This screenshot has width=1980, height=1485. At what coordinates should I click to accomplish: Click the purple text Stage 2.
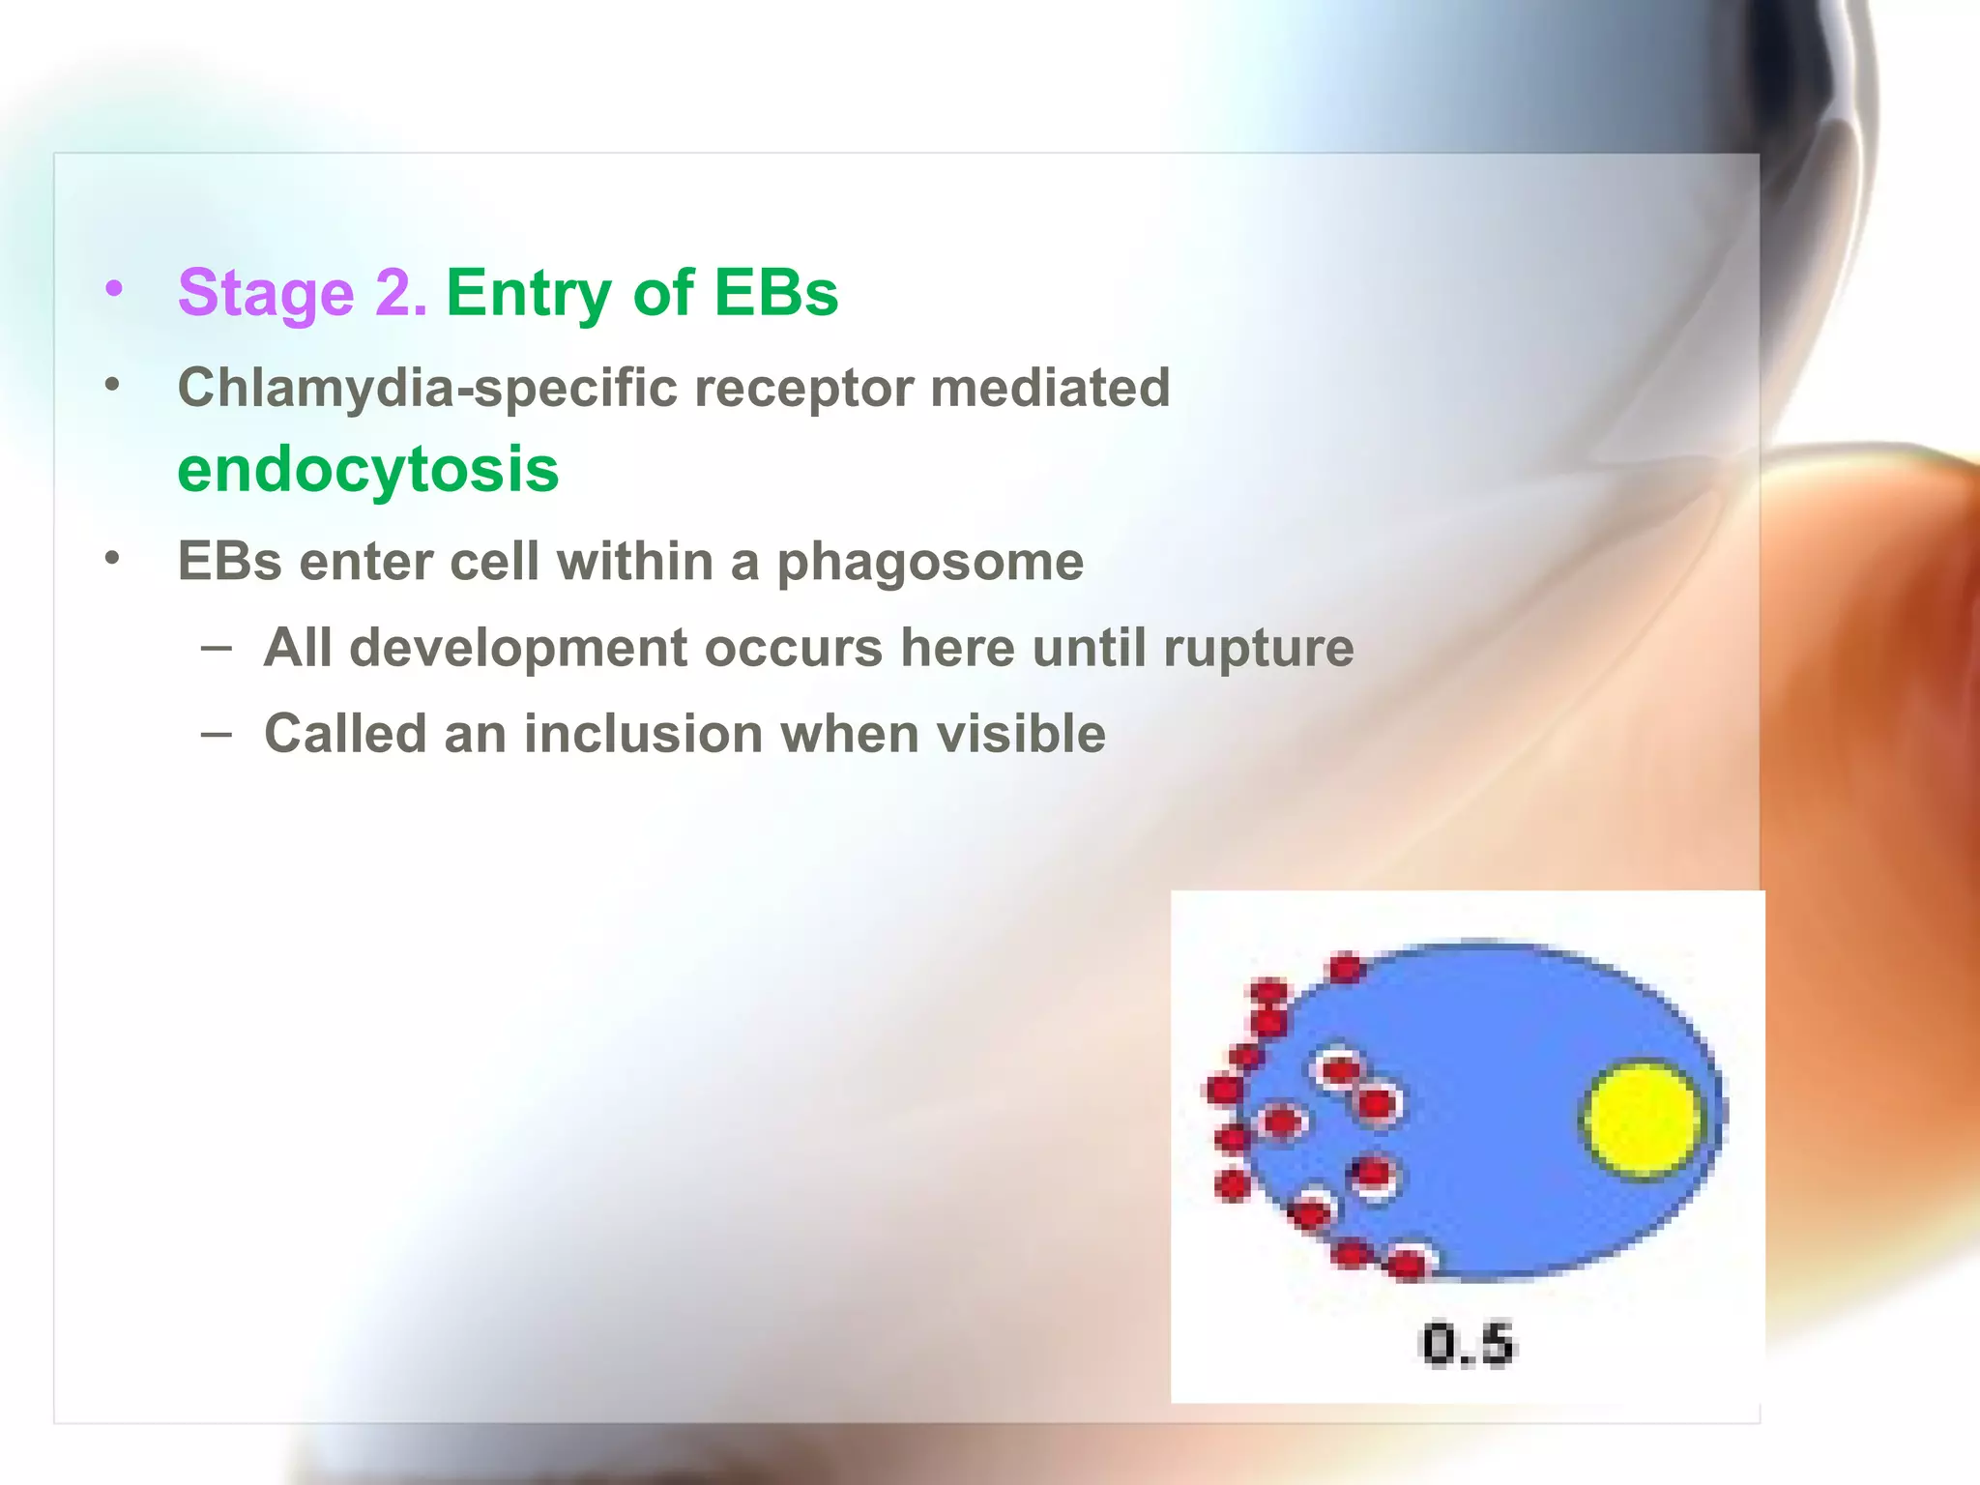[302, 292]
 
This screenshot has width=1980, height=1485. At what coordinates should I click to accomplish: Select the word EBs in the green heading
[775, 292]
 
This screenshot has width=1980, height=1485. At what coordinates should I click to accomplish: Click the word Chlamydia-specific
[427, 388]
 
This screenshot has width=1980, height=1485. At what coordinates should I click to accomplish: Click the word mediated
[1050, 388]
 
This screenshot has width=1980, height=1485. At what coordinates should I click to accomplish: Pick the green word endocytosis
[368, 470]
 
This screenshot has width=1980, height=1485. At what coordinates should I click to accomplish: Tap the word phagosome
[930, 562]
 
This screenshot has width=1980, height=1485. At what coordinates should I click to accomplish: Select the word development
[518, 647]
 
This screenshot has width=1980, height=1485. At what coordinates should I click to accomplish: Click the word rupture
[1258, 647]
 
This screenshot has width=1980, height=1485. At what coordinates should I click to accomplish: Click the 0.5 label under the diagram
[1467, 1344]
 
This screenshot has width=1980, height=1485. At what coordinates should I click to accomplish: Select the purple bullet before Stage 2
[114, 289]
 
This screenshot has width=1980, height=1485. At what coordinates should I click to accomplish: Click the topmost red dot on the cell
[1345, 967]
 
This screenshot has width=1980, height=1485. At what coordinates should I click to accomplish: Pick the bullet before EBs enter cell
[113, 559]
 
